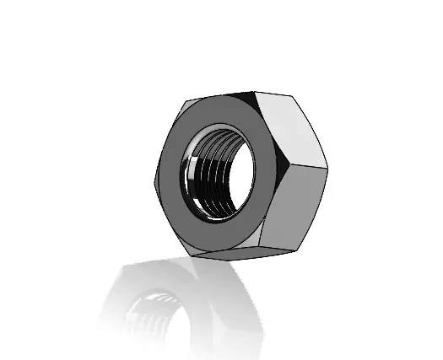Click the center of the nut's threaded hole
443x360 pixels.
(218, 172)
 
